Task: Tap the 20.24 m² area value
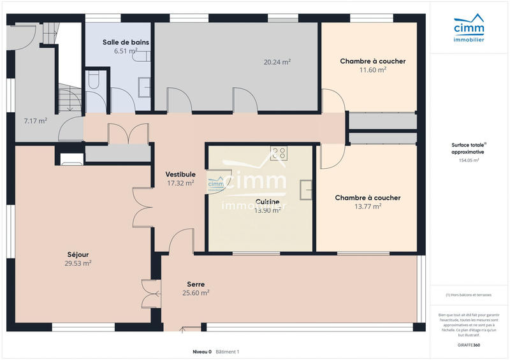(277, 62)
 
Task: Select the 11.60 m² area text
(372, 70)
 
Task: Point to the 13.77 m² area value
(368, 206)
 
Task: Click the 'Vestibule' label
(180, 174)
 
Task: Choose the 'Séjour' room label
(78, 254)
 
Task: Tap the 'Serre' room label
(196, 284)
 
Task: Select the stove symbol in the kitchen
(279, 152)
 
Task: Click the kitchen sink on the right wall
(307, 189)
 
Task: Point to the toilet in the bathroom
(94, 80)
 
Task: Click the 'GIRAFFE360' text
(469, 345)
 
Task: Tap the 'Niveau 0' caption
(202, 352)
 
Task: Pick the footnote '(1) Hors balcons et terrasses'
(469, 295)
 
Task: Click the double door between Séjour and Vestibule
(143, 207)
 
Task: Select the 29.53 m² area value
(78, 263)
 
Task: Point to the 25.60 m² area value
(196, 293)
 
